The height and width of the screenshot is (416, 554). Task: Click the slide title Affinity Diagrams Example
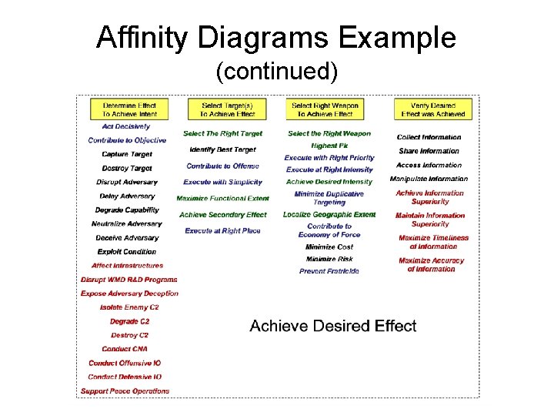tap(276, 38)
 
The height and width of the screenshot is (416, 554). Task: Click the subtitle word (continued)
tap(276, 72)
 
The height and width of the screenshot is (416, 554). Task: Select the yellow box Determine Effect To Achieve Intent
tap(129, 109)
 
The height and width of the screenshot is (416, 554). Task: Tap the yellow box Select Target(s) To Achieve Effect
tap(222, 109)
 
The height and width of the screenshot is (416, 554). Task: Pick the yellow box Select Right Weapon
tap(323, 109)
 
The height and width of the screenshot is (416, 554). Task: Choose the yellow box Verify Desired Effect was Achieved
tap(433, 109)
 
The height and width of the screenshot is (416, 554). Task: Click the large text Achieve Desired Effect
tap(333, 326)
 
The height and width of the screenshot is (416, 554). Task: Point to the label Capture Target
tap(127, 154)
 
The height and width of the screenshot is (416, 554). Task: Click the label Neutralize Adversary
tap(127, 224)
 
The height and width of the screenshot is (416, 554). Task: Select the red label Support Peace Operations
tap(125, 391)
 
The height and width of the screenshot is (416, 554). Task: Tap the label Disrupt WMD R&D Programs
tap(129, 280)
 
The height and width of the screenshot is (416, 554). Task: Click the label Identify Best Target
tap(222, 149)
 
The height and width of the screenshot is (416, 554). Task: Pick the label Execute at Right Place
tap(222, 230)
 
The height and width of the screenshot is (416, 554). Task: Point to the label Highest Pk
tap(329, 145)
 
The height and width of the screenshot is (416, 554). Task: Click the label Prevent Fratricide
tap(329, 271)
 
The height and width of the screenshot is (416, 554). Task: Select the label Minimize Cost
tap(329, 247)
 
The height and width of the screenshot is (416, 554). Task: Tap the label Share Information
tap(429, 151)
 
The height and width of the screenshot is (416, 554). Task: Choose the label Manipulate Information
tap(429, 179)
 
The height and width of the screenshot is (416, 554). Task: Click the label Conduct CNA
tap(125, 349)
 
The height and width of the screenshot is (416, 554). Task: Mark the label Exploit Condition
tap(126, 252)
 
